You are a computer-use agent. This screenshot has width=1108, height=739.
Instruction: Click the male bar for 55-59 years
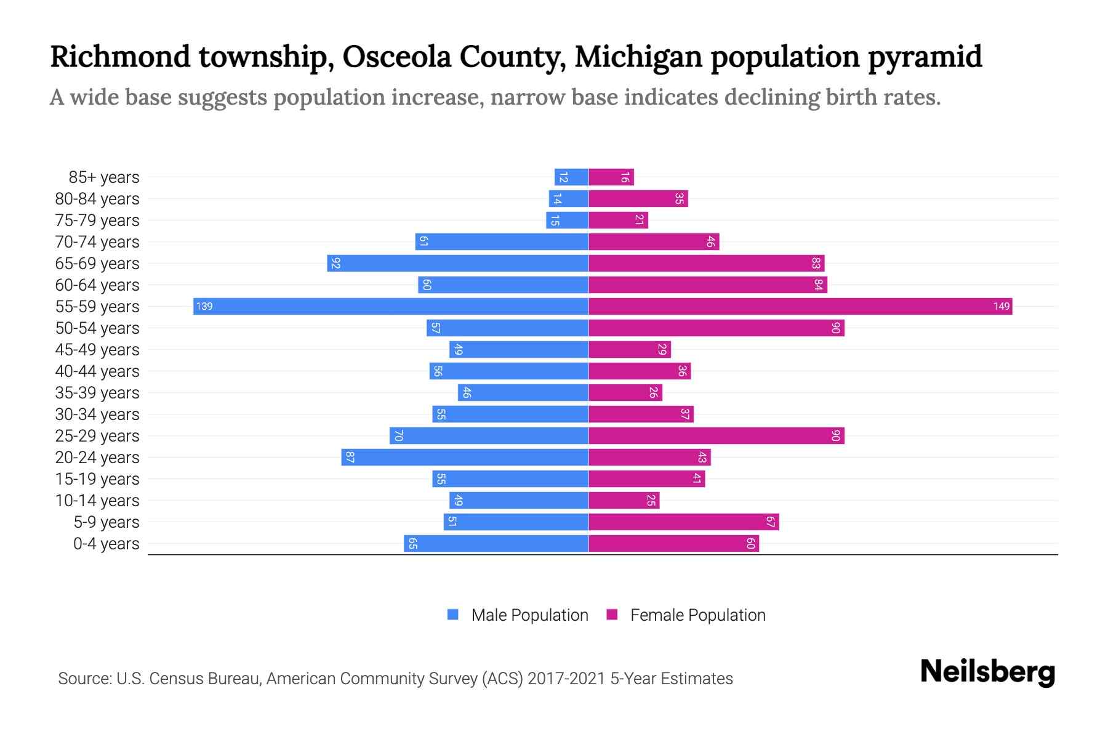[x=391, y=307]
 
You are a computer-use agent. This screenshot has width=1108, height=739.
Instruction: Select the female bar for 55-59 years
[x=800, y=307]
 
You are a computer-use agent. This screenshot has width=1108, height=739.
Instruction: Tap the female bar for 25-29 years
[x=717, y=436]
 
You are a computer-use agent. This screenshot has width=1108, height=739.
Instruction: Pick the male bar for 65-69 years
[x=458, y=264]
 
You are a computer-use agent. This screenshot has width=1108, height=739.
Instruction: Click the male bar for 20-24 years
[x=465, y=458]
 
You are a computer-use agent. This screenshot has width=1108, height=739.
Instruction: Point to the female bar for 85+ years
[x=611, y=177]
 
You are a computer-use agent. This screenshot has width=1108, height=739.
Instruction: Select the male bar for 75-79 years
[x=567, y=220]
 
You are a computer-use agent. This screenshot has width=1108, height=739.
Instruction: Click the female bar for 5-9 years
[x=684, y=522]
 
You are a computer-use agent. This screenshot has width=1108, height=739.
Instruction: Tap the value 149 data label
[x=1001, y=307]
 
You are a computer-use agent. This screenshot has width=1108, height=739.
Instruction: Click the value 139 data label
[x=204, y=307]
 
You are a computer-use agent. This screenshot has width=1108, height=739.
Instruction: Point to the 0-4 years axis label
[x=106, y=544]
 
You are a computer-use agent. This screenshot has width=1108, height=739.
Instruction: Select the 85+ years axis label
[x=103, y=177]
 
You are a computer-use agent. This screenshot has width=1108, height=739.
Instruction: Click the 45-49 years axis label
[x=97, y=350]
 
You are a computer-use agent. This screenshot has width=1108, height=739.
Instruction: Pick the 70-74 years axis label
[x=97, y=242]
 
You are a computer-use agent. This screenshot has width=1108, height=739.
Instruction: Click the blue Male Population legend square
[x=453, y=615]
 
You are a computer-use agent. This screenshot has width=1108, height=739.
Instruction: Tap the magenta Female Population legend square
[x=612, y=615]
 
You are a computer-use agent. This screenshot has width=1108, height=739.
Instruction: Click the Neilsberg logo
[x=987, y=672]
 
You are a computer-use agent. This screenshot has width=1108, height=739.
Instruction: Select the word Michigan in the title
[x=638, y=57]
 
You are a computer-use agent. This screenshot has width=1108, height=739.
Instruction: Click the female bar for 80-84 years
[x=638, y=199]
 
